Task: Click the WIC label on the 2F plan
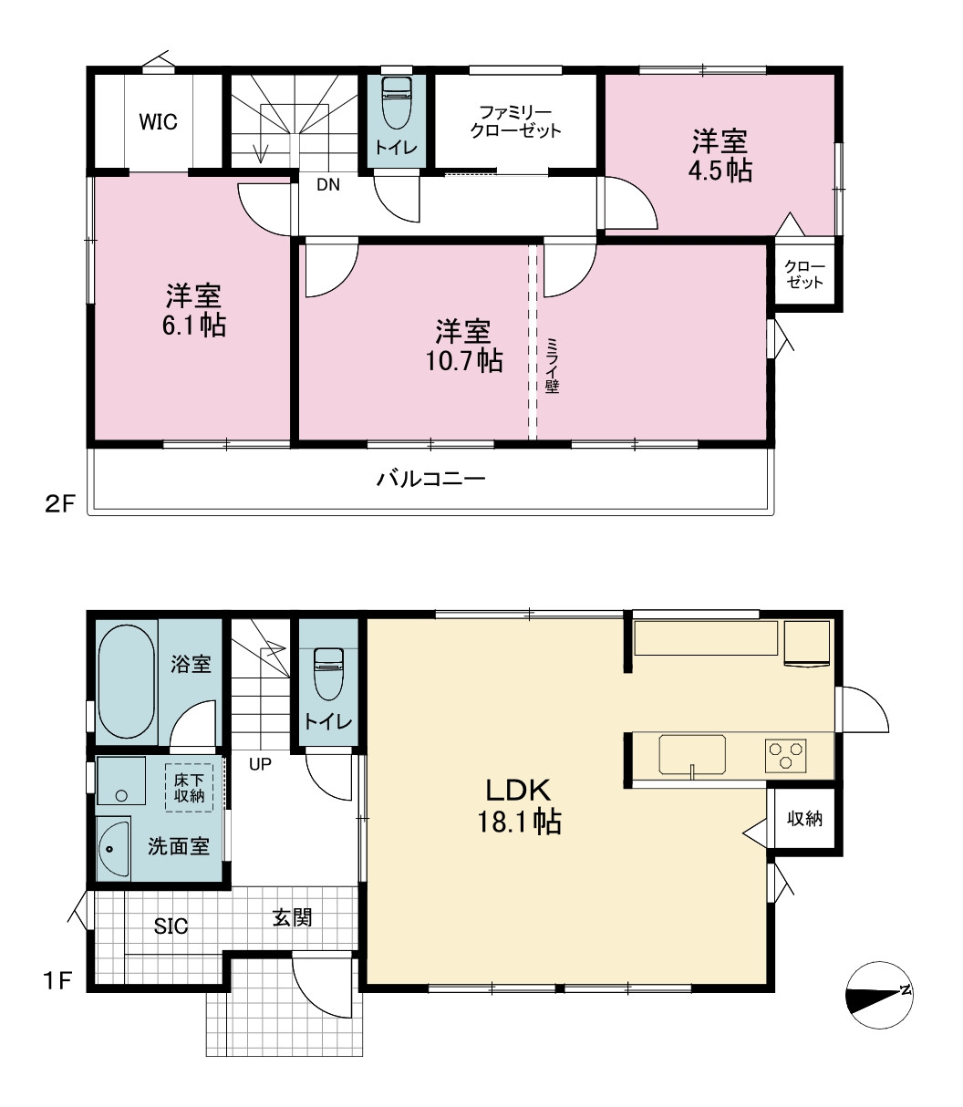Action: [158, 122]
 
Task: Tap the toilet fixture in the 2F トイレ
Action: [397, 103]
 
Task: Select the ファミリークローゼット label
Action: [515, 122]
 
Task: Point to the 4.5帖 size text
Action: [720, 171]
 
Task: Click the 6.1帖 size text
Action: [194, 326]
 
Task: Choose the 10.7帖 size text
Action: [464, 361]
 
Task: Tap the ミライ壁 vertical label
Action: [552, 366]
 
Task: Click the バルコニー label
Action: [431, 479]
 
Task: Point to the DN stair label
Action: [328, 185]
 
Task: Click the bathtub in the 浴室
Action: [127, 682]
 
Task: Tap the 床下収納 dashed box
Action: [190, 787]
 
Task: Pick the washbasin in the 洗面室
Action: [114, 849]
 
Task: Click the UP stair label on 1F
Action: [260, 764]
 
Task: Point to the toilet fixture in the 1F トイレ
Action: [328, 674]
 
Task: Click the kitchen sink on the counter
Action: [692, 754]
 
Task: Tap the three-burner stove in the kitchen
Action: [785, 756]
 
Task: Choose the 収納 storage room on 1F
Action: [805, 819]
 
